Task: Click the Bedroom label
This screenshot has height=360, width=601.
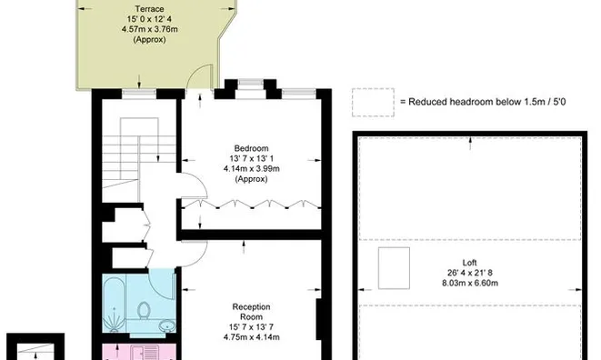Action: click(250, 148)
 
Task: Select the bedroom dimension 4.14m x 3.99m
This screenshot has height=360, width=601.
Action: click(250, 169)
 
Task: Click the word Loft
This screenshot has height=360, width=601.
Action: click(468, 261)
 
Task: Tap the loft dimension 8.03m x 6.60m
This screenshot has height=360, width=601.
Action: click(468, 282)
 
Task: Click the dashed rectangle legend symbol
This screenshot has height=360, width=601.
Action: click(373, 102)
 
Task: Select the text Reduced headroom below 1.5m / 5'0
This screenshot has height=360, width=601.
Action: click(471, 103)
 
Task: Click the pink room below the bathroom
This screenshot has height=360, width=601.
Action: click(136, 350)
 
